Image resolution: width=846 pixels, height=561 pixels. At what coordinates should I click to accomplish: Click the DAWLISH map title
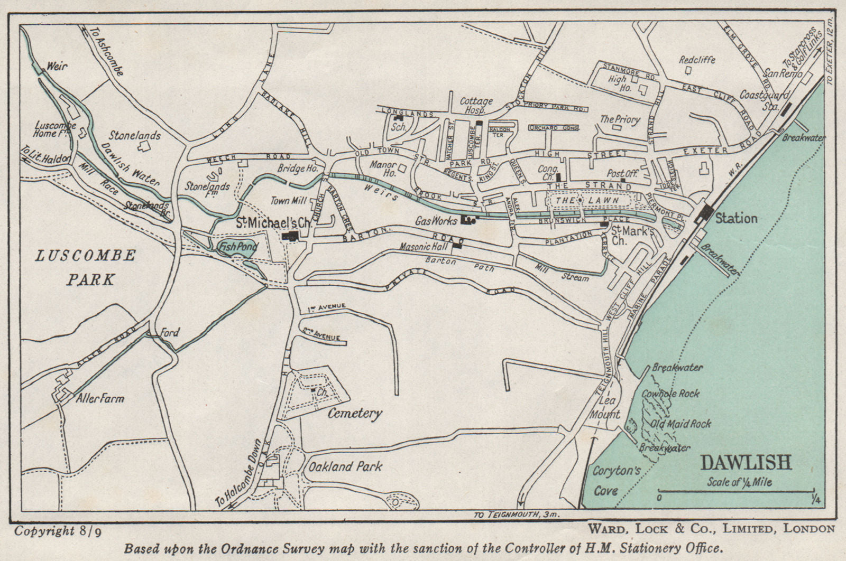(x=746, y=463)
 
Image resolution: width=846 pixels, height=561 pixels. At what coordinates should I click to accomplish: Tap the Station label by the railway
(x=736, y=218)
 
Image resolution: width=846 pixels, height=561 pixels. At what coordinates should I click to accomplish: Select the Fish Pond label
(x=238, y=247)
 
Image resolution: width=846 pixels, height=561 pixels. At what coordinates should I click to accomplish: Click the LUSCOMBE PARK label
(x=86, y=267)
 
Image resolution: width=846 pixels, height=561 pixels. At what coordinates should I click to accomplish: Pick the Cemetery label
(x=354, y=413)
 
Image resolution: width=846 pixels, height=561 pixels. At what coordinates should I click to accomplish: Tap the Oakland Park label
(x=345, y=466)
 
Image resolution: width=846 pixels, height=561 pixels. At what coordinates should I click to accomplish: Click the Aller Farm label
(x=100, y=398)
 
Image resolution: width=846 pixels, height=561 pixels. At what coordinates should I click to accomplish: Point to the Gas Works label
(x=436, y=221)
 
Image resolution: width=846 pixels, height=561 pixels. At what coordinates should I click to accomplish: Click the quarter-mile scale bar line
(x=735, y=492)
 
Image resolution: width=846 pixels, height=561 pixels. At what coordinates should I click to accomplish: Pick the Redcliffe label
(x=696, y=60)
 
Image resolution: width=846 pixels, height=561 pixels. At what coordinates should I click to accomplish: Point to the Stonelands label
(x=135, y=135)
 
